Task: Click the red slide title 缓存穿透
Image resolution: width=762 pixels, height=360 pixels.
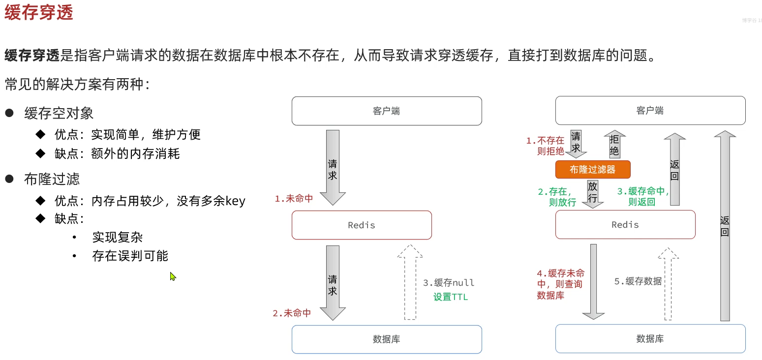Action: coord(39,12)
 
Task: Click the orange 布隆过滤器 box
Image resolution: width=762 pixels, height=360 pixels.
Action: coord(592,170)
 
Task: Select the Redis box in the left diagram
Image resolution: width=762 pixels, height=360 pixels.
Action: coord(362,225)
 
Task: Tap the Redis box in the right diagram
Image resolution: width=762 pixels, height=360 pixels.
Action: coord(625,225)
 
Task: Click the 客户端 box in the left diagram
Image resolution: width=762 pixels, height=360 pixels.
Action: coord(387,111)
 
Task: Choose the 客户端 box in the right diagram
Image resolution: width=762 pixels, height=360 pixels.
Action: coord(650,111)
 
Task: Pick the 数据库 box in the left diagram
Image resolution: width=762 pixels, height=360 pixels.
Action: coord(387,339)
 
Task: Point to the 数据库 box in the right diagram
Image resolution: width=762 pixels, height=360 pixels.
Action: coord(650,339)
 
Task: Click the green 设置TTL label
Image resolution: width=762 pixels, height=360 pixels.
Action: coord(451,297)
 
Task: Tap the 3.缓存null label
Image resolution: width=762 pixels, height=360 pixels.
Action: coord(449,283)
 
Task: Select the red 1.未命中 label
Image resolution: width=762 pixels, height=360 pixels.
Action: coord(294,199)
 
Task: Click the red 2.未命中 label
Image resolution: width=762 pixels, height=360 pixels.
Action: coord(292,313)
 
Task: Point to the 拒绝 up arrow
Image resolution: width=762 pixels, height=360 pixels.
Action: coord(614,145)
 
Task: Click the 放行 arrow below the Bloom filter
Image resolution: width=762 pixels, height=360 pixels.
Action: coord(593,193)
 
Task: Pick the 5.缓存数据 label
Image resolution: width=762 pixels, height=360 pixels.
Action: coord(638,281)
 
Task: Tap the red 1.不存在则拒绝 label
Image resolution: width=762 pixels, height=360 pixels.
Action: coord(546,146)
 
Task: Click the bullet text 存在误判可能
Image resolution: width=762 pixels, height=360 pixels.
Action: coord(130,256)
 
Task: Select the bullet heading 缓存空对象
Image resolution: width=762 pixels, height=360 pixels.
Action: coord(59,114)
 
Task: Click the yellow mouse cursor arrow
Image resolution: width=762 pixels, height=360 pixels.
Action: coord(173,276)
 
